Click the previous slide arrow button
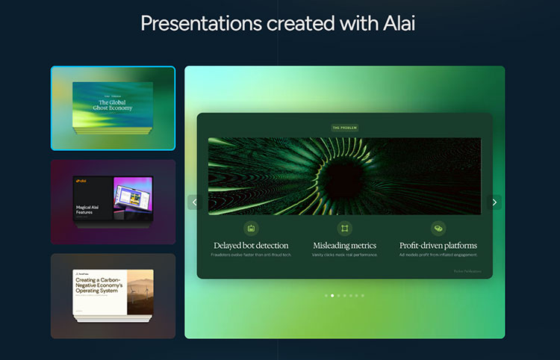coord(194,202)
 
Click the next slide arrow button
coord(494,202)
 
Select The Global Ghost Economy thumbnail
coord(113,108)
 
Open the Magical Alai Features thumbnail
coord(113,202)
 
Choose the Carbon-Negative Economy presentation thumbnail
coord(113,296)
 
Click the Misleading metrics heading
coord(344,245)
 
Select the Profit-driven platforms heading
coord(438,245)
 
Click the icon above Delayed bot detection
coord(252,228)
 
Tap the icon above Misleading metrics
coord(344,228)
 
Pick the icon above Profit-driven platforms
coord(438,228)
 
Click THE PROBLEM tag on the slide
coord(345,128)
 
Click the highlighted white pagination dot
coord(332,296)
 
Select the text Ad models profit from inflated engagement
coord(438,255)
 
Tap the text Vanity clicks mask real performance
coord(344,255)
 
